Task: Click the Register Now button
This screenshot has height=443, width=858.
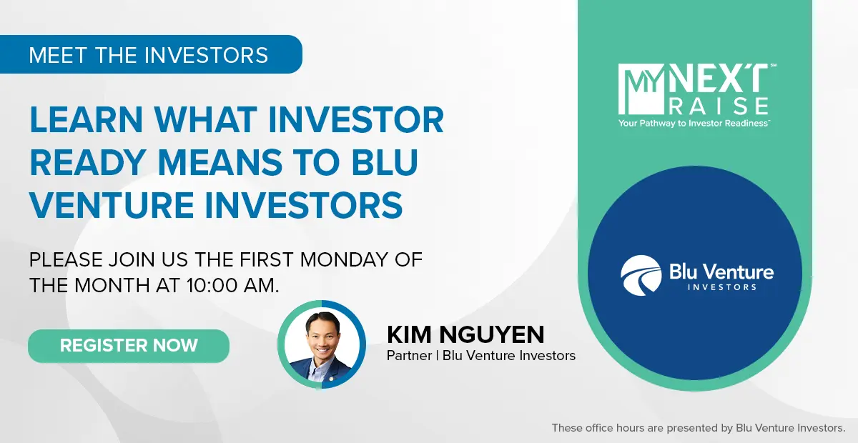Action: (129, 346)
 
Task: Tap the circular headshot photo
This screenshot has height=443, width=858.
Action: (322, 344)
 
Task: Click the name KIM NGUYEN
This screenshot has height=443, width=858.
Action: (465, 334)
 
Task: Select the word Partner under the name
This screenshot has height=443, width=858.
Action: (409, 356)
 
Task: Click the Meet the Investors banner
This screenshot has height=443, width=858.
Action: (151, 54)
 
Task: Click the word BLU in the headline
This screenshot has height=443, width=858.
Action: (385, 162)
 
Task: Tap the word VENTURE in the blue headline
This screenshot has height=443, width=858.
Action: (112, 205)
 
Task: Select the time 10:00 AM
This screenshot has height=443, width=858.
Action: (233, 286)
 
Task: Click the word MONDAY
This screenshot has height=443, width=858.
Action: (344, 259)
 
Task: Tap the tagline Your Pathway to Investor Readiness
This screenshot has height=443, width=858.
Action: (694, 124)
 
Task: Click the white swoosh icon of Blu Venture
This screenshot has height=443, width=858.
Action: (641, 276)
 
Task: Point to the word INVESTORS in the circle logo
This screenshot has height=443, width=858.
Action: (721, 287)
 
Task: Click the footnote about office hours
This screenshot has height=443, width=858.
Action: (699, 428)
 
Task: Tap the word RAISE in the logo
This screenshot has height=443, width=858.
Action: (719, 106)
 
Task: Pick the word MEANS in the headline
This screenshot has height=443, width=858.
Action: (220, 162)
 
